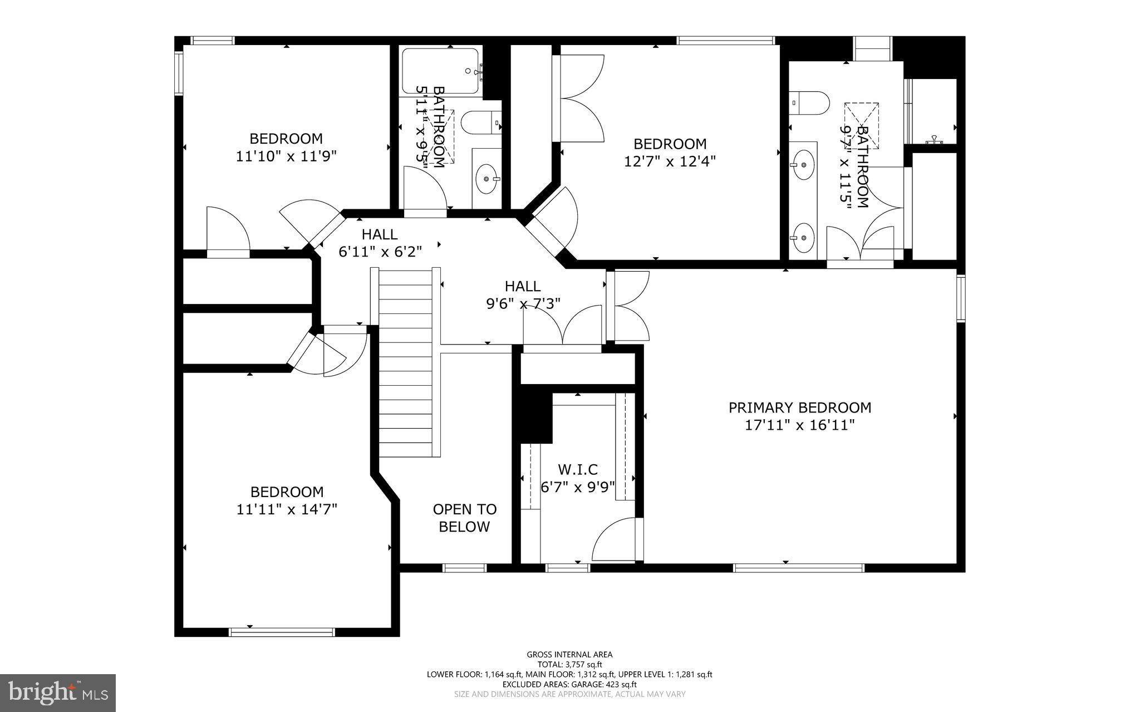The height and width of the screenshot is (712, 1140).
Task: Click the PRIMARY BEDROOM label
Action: (x=799, y=407)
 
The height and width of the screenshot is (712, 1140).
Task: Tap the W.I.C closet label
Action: (x=578, y=469)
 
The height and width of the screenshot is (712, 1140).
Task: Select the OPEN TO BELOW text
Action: (x=464, y=518)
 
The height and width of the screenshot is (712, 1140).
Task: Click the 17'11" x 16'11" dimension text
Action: (x=799, y=425)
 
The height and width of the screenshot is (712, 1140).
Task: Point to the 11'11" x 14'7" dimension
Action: (x=287, y=509)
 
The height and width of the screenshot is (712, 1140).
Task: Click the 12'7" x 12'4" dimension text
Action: (x=670, y=161)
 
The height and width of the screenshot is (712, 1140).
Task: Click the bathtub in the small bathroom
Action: (x=440, y=71)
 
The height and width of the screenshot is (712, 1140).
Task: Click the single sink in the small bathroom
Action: (x=486, y=179)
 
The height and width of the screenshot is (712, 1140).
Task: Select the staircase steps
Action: (x=405, y=362)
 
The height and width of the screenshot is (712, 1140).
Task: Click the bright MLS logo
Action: (x=58, y=693)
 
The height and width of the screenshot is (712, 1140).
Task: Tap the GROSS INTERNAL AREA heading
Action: (x=569, y=655)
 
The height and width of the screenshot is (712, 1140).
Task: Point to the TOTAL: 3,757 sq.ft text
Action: (x=569, y=664)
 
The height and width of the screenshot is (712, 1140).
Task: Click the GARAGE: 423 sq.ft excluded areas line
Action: (x=569, y=684)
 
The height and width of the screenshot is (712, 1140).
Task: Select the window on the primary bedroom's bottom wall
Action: (x=798, y=568)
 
